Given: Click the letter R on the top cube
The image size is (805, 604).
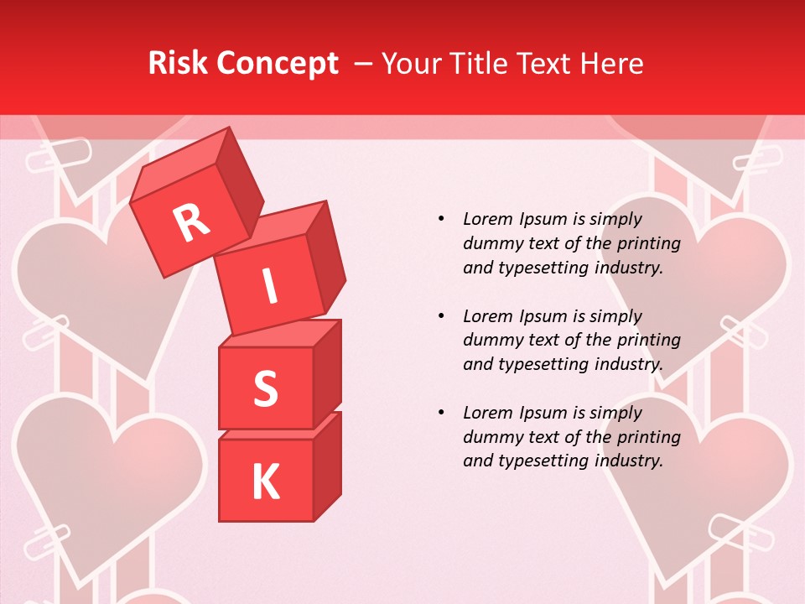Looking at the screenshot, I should tap(191, 222).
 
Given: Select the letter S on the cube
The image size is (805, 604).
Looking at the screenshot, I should tap(265, 388).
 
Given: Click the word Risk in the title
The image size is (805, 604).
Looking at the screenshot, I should tap(179, 63).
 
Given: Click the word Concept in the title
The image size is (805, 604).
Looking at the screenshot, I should tap(277, 63).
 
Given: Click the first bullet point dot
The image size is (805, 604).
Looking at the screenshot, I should tap(441, 219).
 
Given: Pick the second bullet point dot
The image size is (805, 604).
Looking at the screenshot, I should tap(441, 316).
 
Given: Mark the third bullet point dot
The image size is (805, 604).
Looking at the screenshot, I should tap(441, 413).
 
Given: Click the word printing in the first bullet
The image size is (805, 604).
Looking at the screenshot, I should tap(649, 244).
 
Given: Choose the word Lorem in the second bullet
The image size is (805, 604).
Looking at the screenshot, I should tap(489, 316).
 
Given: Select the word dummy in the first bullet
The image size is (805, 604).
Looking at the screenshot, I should tap(491, 244).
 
